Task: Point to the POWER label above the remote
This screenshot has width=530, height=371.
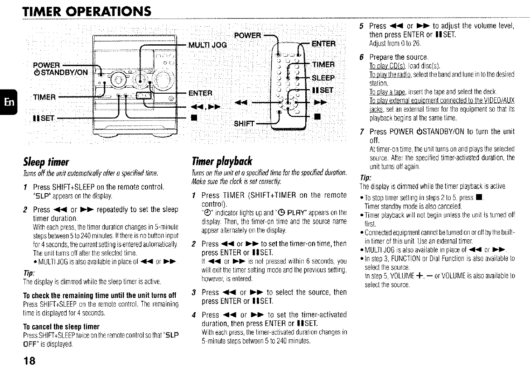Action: click(x=247, y=36)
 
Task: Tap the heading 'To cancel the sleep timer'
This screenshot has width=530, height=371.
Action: click(x=61, y=326)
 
